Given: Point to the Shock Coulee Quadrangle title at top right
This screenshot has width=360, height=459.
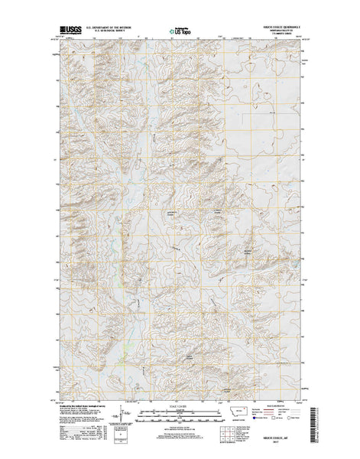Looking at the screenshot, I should (281, 27).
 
